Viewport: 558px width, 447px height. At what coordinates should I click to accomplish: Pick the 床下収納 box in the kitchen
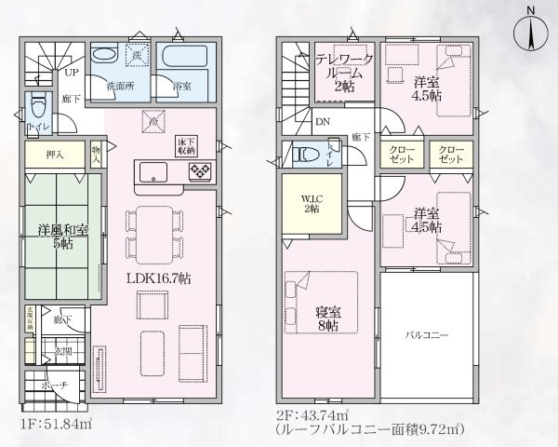coord(185,143)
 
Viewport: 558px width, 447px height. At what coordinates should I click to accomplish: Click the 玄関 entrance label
coord(63,351)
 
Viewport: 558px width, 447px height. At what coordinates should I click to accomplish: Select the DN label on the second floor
coord(322,121)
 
